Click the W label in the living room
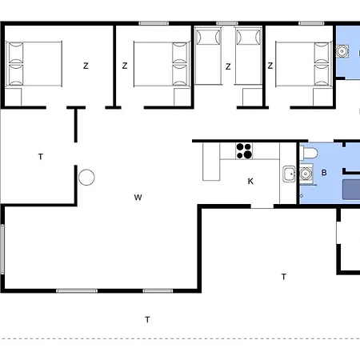(x=138, y=197)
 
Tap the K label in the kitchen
(x=250, y=182)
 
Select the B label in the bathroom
(x=324, y=172)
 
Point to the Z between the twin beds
(x=228, y=66)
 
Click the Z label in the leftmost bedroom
(x=85, y=66)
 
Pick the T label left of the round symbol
(x=40, y=157)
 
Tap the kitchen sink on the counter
(x=288, y=173)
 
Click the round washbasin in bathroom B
(x=305, y=172)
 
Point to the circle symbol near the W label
(x=86, y=177)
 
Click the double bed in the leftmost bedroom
(x=35, y=64)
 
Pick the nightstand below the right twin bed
(x=250, y=97)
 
